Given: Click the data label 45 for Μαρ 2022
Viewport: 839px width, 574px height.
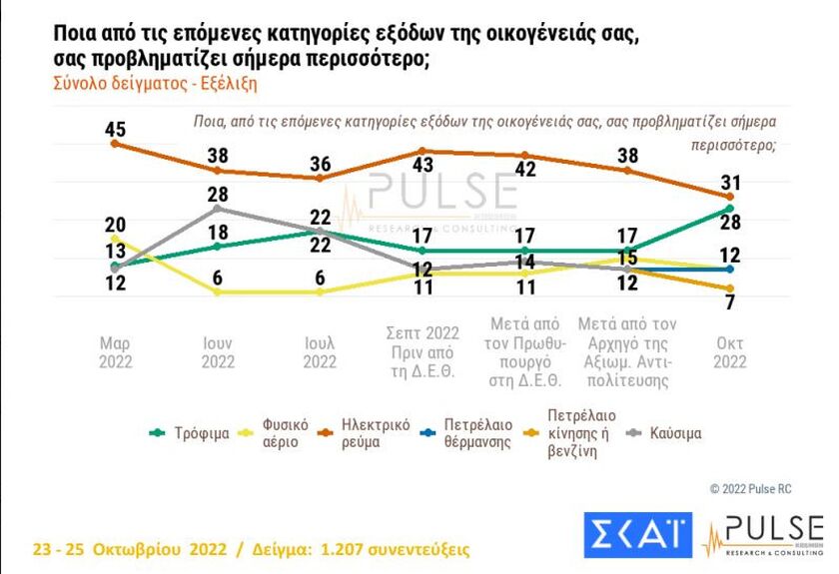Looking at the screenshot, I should pos(115,129).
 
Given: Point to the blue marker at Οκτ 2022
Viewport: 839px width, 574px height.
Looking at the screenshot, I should pos(730,269).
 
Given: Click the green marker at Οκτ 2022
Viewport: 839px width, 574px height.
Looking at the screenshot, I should pos(730,209).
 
